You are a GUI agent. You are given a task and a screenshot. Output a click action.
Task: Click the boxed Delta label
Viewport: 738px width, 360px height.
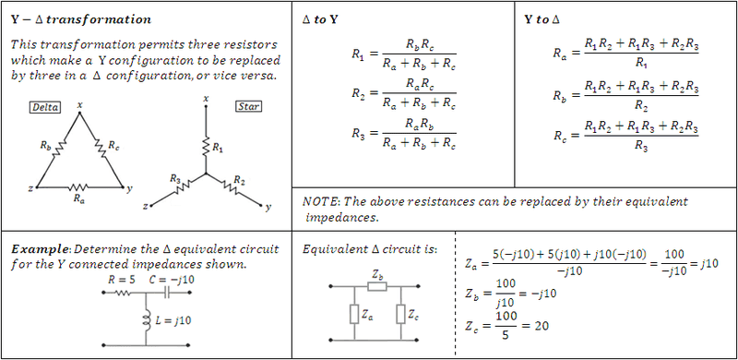(x=44, y=107)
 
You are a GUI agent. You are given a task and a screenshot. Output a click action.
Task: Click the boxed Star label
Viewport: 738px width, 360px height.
(x=248, y=107)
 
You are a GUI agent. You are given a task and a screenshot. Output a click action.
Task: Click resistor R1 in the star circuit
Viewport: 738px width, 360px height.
(x=206, y=147)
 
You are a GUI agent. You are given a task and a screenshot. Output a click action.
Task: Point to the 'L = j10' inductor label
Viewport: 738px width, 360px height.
(x=171, y=319)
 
